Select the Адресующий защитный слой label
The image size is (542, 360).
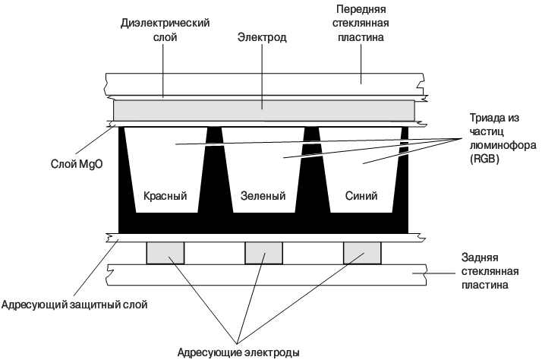click(x=74, y=305)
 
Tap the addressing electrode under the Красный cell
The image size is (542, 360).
click(x=165, y=252)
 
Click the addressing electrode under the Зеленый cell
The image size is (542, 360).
click(x=263, y=252)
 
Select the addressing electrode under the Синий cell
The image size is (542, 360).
click(x=362, y=252)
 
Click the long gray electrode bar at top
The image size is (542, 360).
click(x=264, y=110)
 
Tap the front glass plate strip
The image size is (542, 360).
click(x=264, y=83)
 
